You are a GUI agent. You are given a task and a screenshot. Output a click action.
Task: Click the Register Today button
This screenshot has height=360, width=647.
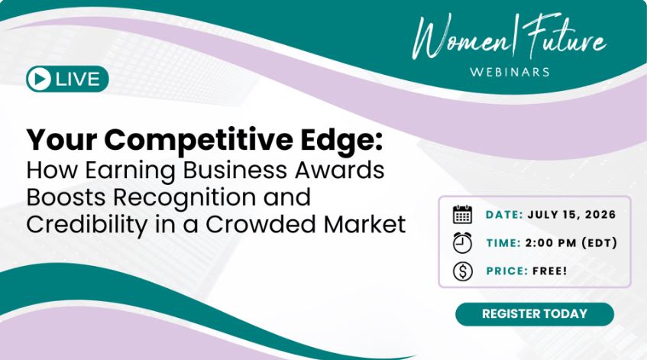pos(535,314)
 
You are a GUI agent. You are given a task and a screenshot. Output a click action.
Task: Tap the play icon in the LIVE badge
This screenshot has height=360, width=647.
pos(39,79)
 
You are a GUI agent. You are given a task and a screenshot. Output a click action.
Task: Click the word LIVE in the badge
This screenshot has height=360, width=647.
pos(78,79)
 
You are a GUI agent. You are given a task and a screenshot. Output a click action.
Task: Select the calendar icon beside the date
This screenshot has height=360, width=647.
pos(463,214)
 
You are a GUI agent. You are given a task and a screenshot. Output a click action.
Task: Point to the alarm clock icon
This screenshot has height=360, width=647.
pos(463,242)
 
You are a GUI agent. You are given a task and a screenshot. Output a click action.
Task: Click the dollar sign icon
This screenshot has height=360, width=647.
pos(463,271)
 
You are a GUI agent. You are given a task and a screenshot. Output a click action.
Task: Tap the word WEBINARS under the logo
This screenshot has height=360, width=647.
pos(510,73)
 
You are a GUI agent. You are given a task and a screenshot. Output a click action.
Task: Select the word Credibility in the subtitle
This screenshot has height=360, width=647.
pos(86,225)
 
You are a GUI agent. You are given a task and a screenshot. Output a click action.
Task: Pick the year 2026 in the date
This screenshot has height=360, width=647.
pos(600,215)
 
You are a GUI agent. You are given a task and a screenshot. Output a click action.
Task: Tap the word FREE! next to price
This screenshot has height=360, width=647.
pos(550,271)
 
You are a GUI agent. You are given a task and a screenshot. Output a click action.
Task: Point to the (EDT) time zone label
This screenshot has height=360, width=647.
pos(599,243)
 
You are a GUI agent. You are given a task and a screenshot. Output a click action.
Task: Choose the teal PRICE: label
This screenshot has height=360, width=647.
pos(507,271)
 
